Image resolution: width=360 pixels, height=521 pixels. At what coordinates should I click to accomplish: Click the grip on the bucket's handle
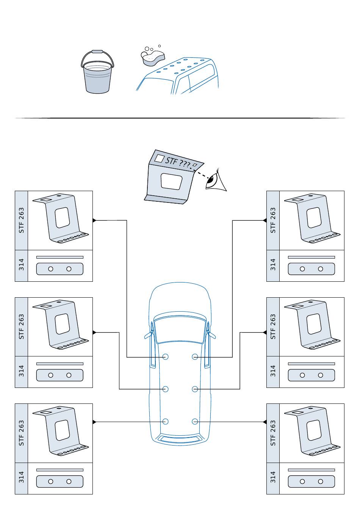[x=97, y=52]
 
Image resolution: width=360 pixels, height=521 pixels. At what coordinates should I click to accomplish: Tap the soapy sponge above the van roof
[x=153, y=57]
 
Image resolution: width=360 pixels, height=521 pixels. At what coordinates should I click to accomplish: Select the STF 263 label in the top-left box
[x=21, y=220]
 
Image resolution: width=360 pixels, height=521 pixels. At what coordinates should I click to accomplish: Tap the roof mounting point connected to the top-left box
[x=166, y=357]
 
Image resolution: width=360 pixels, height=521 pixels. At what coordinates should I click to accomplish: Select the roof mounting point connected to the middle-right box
[x=195, y=389]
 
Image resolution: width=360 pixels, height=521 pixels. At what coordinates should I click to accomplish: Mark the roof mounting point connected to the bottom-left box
[x=166, y=421]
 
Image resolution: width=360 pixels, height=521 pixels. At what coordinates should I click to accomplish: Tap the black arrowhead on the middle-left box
[x=94, y=333]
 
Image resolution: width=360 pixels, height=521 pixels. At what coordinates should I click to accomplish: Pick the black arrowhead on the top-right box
[x=265, y=220]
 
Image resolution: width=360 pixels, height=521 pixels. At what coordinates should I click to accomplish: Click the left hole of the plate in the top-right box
[x=302, y=269]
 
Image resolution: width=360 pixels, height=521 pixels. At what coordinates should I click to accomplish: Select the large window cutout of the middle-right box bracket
[x=314, y=324]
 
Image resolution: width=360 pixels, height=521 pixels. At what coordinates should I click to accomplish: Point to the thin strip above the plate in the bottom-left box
[x=60, y=470]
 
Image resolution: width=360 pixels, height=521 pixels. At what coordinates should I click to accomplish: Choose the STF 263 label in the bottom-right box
[x=273, y=433]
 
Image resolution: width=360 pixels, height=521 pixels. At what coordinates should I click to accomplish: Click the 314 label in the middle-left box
[x=21, y=371]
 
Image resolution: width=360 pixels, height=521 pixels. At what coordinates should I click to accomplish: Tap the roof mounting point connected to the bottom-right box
[x=195, y=421]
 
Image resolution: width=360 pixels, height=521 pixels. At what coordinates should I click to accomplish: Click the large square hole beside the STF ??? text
[x=160, y=158]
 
